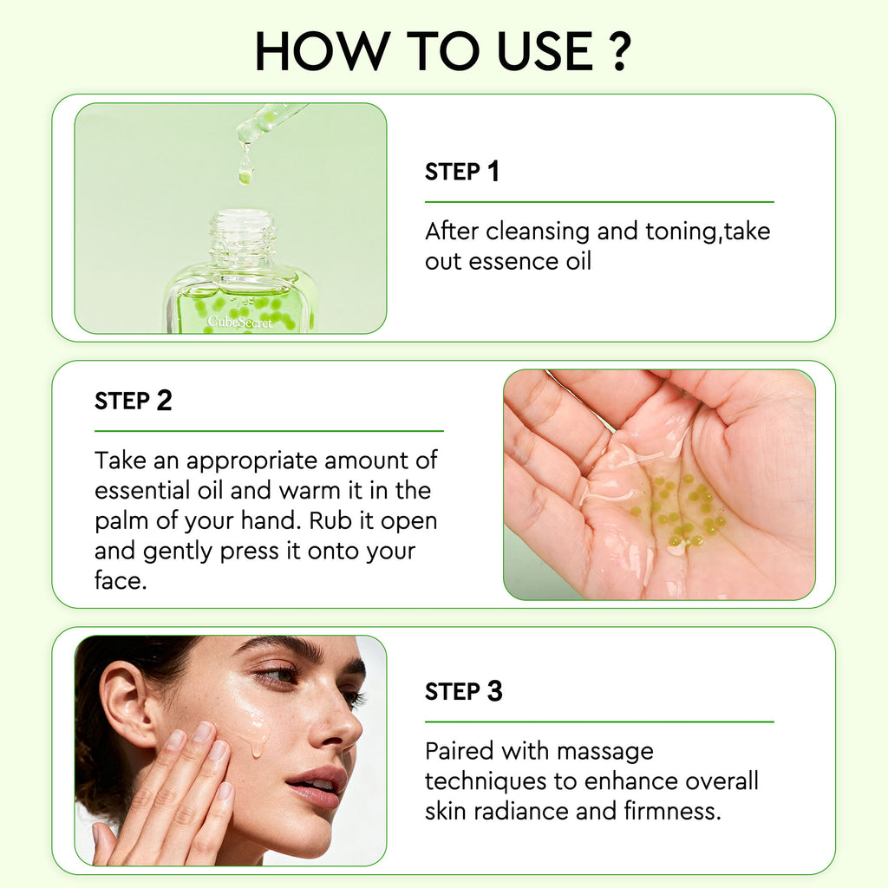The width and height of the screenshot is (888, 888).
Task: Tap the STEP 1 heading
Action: (x=461, y=172)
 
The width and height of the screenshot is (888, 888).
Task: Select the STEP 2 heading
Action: (x=133, y=401)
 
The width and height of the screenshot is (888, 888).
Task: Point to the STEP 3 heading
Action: (x=463, y=692)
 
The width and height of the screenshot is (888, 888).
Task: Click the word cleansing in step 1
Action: (x=545, y=232)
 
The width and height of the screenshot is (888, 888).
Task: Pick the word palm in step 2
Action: (x=121, y=521)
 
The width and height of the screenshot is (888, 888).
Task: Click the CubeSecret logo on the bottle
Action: (x=239, y=323)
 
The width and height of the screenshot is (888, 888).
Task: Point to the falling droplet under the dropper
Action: (x=245, y=172)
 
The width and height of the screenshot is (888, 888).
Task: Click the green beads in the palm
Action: (x=685, y=512)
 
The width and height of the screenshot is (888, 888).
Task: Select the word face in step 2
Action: (x=119, y=580)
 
